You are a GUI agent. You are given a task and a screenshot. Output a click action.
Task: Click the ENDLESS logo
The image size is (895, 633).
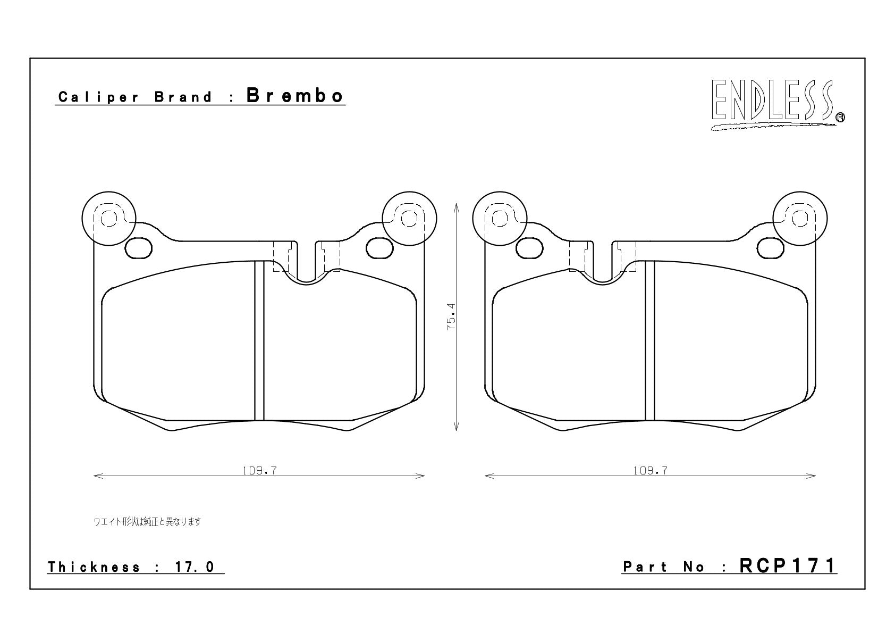[777, 105]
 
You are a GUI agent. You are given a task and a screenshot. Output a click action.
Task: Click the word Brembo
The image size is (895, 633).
[295, 96]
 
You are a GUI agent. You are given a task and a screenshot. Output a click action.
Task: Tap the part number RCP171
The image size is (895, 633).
[788, 566]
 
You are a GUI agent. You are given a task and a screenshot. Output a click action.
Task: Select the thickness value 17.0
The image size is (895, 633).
[195, 567]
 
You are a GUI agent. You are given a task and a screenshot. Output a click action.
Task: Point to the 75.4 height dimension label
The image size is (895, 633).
[451, 316]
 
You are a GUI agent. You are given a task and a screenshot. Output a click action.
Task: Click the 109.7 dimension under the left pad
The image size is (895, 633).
[259, 471]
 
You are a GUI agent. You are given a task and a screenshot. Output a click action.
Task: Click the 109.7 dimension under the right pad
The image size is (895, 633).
[650, 471]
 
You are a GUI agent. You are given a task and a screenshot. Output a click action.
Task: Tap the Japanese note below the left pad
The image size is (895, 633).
[147, 521]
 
